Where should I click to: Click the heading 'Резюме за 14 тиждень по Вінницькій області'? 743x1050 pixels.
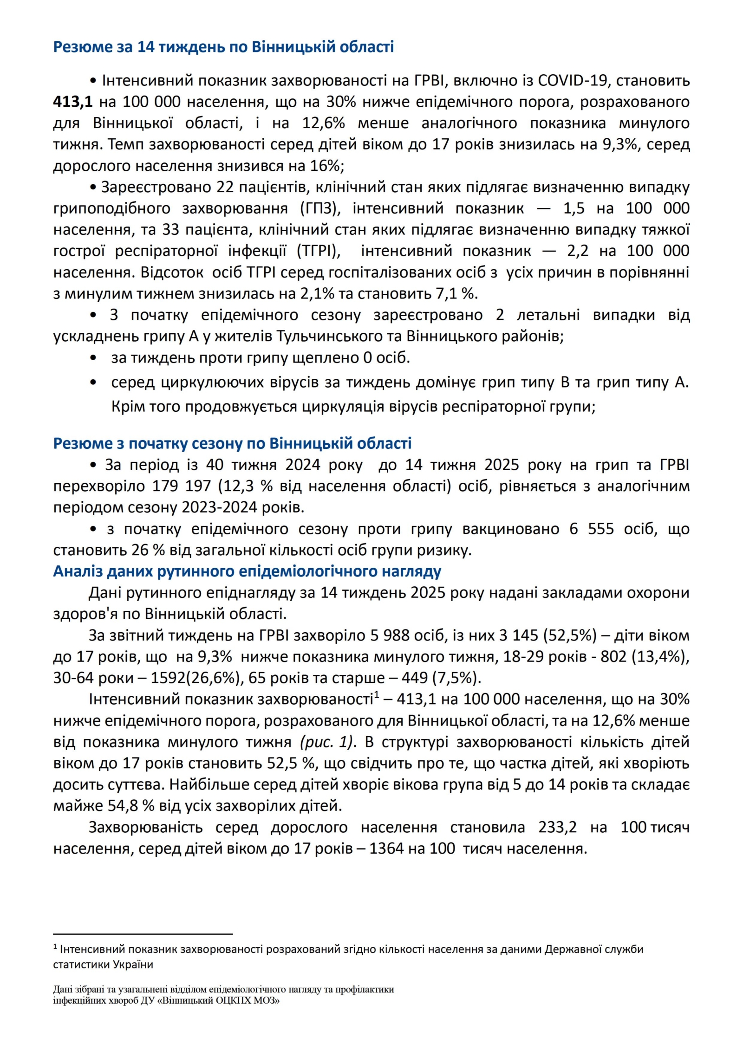point(223,47)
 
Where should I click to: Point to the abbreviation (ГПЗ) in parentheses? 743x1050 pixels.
point(320,208)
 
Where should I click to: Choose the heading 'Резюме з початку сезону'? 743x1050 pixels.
point(232,443)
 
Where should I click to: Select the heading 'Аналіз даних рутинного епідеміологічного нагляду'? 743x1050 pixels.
point(247,571)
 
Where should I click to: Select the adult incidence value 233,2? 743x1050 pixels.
point(557,827)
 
